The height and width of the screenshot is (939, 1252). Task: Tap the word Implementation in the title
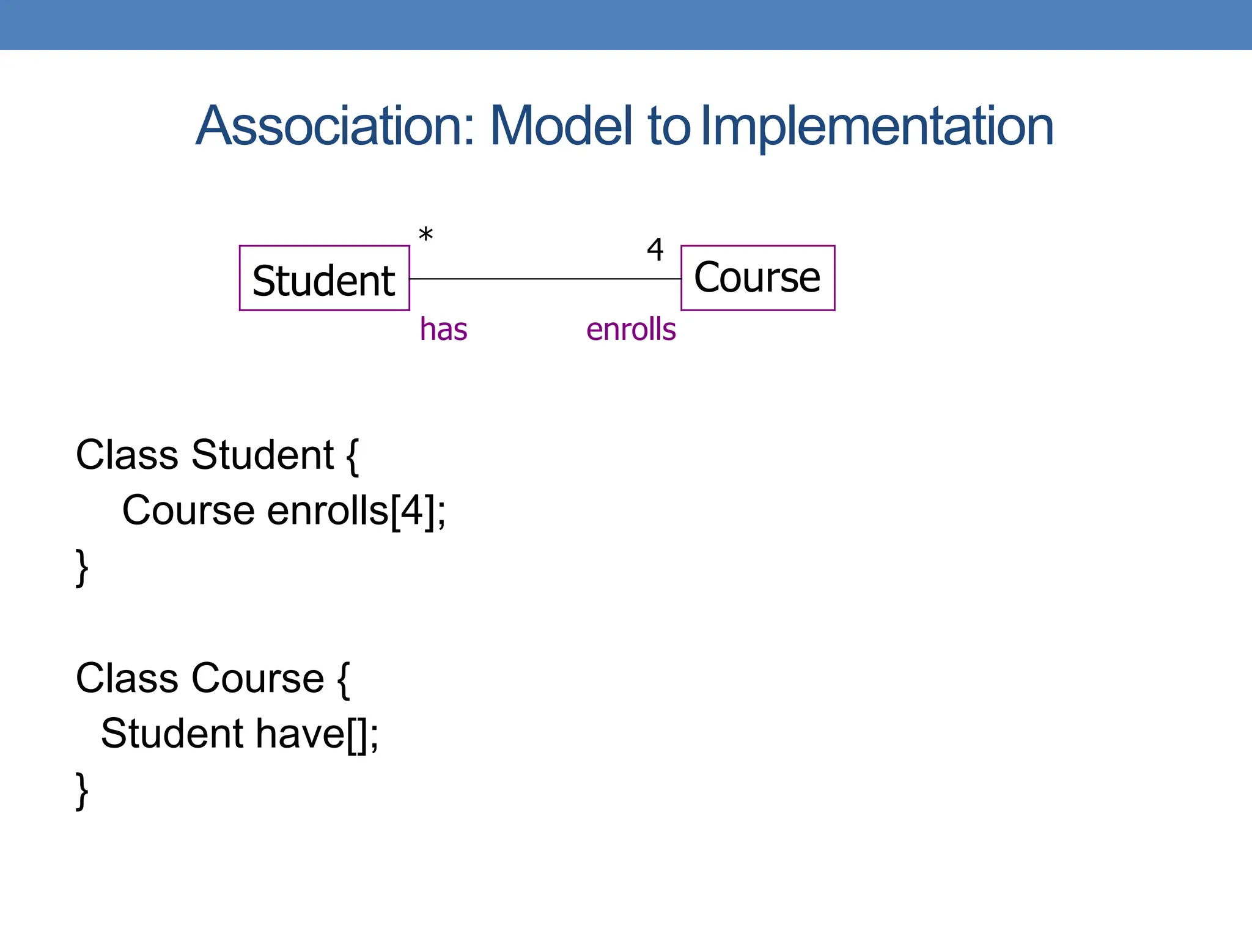pyautogui.click(x=877, y=126)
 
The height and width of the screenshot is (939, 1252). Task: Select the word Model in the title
pyautogui.click(x=561, y=126)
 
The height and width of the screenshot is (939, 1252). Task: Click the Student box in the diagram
pyautogui.click(x=324, y=279)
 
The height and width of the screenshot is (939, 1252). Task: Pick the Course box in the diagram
pyautogui.click(x=757, y=278)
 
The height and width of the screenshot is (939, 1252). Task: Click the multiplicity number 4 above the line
pyautogui.click(x=655, y=249)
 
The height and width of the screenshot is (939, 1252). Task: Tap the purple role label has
pyautogui.click(x=443, y=330)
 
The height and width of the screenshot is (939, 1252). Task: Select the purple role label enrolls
pyautogui.click(x=631, y=330)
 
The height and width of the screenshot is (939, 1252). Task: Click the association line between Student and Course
pyautogui.click(x=544, y=279)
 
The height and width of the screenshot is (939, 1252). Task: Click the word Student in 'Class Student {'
pyautogui.click(x=262, y=455)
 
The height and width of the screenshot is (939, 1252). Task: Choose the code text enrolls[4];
pyautogui.click(x=356, y=510)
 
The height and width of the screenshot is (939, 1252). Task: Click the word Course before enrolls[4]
pyautogui.click(x=188, y=510)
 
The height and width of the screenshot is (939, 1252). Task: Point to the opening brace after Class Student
pyautogui.click(x=352, y=456)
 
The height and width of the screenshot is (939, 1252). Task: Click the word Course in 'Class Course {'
pyautogui.click(x=257, y=678)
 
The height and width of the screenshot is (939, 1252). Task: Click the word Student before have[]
pyautogui.click(x=172, y=734)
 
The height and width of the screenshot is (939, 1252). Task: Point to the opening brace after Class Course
pyautogui.click(x=344, y=679)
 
